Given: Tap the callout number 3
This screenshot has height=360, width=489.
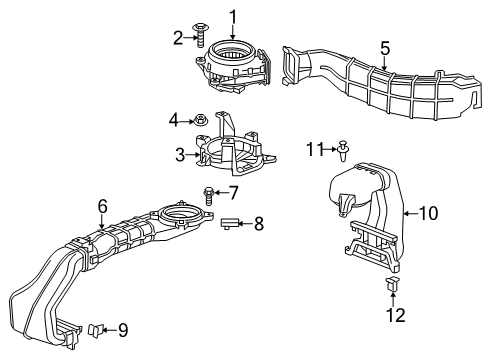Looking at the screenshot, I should point(180,154).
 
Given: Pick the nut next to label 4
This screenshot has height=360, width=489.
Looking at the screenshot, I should point(200,120).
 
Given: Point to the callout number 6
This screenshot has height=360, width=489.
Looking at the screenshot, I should point(101,206).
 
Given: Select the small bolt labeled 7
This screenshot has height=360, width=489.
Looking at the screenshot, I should point(208,192).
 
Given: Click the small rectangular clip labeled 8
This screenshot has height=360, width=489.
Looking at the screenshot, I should point(230,223).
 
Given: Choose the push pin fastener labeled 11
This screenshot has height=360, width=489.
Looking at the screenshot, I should point(344,151).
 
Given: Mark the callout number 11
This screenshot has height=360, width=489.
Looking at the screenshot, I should point(316,149).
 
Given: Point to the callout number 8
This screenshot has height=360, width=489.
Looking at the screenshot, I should point(258,224).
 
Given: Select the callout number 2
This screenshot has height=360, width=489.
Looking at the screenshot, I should point(178,38).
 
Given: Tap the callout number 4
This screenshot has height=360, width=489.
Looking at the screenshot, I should point(175,120).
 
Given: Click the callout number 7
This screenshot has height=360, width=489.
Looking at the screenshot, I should point(232,191).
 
